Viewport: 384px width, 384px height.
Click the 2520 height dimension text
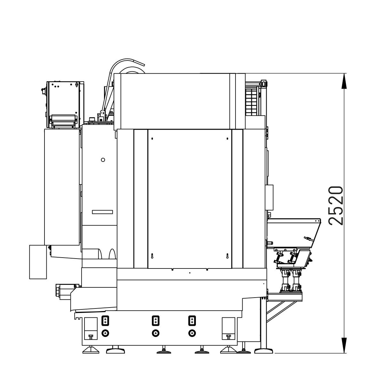(x=336, y=206)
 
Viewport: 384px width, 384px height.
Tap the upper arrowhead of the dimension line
(x=344, y=81)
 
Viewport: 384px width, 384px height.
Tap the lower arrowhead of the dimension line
(x=344, y=345)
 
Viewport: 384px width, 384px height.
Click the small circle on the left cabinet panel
(x=103, y=160)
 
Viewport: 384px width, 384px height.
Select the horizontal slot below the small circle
(x=102, y=212)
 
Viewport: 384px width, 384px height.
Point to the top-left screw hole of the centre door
(x=152, y=139)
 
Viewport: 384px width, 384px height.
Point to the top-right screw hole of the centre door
(x=228, y=139)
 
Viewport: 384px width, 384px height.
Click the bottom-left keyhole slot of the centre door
(x=152, y=256)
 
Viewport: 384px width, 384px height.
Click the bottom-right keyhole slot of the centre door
(x=228, y=256)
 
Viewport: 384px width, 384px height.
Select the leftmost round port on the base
(x=105, y=333)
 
